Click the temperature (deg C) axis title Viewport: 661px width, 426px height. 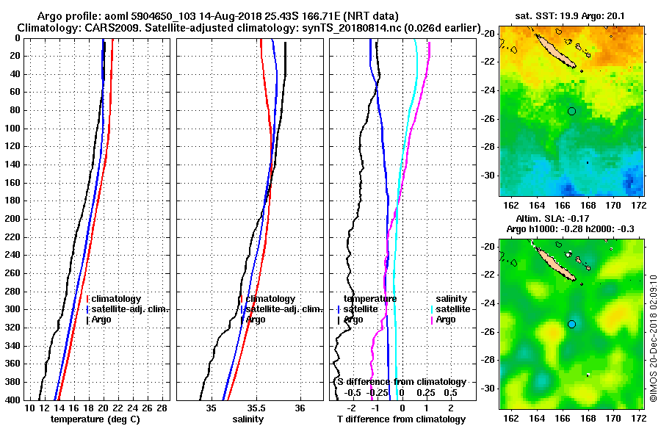click(96, 419)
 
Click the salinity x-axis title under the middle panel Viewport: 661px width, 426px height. click(248, 419)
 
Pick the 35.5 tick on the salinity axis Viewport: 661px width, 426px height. click(256, 408)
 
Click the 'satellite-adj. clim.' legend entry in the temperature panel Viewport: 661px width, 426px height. click(129, 309)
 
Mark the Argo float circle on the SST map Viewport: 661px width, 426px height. click(571, 111)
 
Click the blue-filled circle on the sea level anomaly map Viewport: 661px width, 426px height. click(571, 324)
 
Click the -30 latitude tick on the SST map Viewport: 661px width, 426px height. click(488, 176)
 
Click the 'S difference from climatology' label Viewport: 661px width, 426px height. click(402, 382)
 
